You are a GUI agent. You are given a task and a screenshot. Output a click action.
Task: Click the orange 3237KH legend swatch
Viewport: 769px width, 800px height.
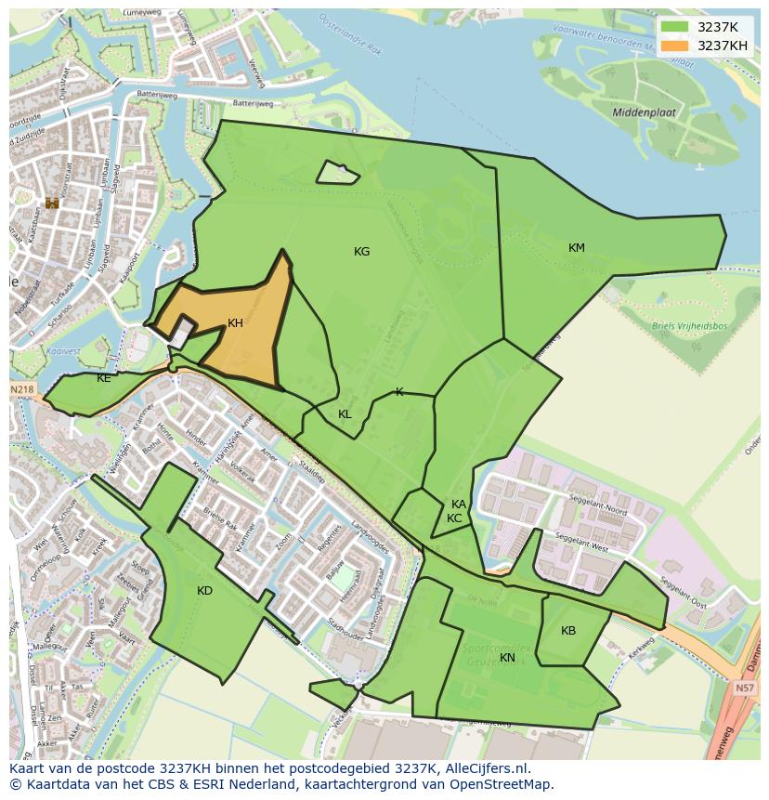point(675,46)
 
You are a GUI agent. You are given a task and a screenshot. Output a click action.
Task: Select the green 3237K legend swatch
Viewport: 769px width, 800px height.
point(675,27)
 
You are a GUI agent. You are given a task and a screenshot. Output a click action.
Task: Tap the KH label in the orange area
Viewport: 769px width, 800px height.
point(235,323)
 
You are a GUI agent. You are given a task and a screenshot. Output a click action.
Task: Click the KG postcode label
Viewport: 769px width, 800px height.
point(361,252)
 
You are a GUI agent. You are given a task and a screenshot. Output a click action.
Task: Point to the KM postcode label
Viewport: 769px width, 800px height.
point(577,248)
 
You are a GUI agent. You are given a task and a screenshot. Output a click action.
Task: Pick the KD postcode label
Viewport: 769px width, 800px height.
point(204,591)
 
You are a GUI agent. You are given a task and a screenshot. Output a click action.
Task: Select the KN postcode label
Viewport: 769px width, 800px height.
point(507,658)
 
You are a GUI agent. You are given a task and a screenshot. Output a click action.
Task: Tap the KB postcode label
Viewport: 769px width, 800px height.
point(568,631)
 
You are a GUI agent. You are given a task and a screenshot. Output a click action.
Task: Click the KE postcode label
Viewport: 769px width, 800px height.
point(103,378)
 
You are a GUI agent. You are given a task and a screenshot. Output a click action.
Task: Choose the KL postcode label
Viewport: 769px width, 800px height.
point(345,414)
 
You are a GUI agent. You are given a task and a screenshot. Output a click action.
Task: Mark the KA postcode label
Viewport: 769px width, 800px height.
point(459,505)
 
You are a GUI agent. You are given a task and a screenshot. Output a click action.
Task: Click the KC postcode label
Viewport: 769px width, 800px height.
point(454,518)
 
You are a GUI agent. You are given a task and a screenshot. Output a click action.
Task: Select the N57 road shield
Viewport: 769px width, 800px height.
point(744,689)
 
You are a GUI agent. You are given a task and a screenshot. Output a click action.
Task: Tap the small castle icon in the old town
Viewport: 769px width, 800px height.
point(52,203)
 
